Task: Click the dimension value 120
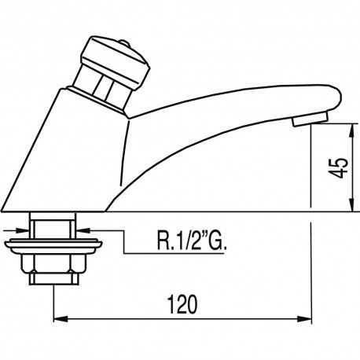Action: coord(181,303)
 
